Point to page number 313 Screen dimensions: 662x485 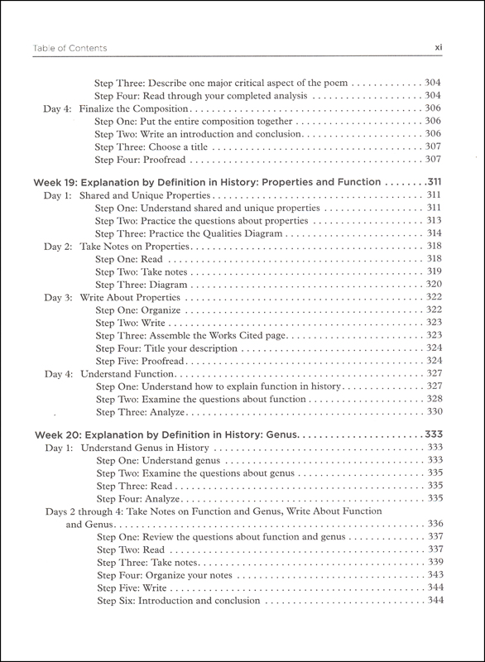pos(434,221)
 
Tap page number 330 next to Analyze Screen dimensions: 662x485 pos(434,411)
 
